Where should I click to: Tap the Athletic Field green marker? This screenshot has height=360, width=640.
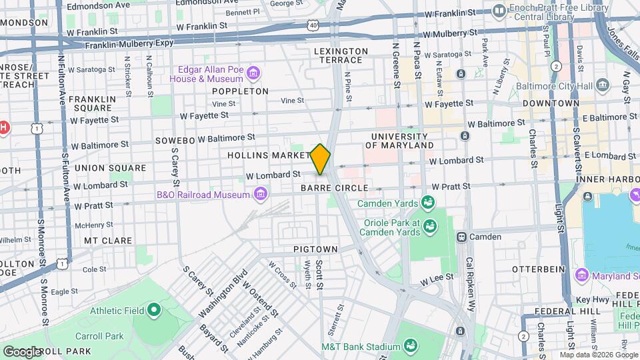coord(154,309)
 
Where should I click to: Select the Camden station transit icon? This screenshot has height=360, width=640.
coord(461,237)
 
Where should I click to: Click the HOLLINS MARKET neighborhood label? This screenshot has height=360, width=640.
coord(266,155)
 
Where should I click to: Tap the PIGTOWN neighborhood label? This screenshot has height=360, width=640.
coord(315,249)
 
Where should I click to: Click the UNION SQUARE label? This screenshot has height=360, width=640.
coord(101,168)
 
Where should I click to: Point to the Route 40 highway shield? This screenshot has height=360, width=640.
coord(313,25)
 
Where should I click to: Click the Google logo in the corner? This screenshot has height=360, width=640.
coord(22,351)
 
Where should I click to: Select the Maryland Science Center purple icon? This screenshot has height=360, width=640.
coord(581,275)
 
